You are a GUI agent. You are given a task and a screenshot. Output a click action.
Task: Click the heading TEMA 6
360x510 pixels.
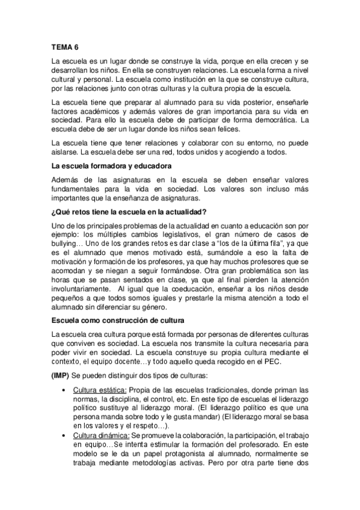pos(64,46)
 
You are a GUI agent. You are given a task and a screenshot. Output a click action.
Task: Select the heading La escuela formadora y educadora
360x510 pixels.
pos(112,164)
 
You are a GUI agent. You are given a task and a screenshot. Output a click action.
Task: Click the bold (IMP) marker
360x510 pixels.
pos(60,376)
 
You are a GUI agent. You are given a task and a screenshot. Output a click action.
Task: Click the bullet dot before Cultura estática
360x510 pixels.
pos(64,390)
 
